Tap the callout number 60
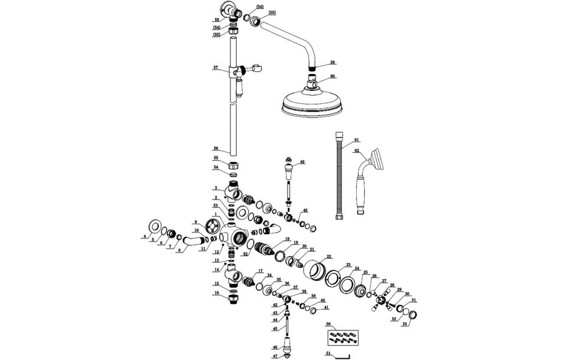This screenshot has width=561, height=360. (332, 77)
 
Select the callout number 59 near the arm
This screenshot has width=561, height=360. (332, 63)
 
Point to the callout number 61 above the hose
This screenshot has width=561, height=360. (356, 140)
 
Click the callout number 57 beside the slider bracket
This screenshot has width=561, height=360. (216, 68)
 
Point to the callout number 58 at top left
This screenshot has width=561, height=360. (217, 20)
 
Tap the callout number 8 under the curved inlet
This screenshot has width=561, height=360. (179, 250)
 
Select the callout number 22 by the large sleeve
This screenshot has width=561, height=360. (329, 257)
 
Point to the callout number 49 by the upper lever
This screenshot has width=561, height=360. (302, 162)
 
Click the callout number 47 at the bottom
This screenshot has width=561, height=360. (275, 356)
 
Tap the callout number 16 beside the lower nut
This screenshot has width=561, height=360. (216, 293)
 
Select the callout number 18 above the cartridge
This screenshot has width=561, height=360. (288, 239)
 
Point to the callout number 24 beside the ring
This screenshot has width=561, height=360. (357, 269)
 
